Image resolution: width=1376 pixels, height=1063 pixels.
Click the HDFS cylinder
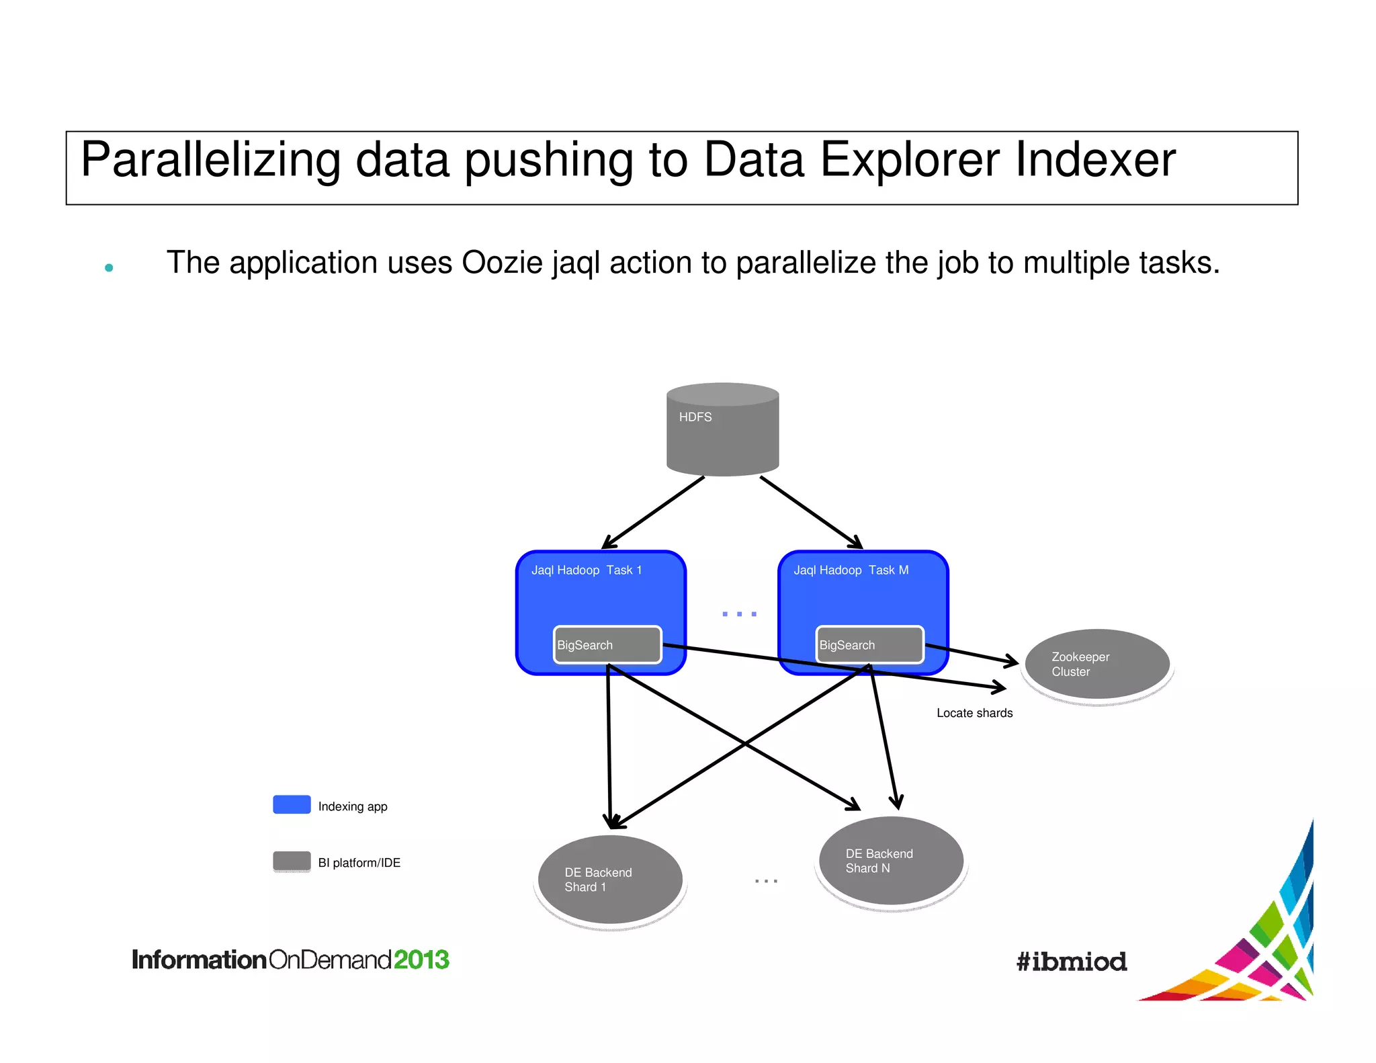(x=722, y=430)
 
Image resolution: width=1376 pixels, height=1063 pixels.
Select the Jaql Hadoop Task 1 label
(x=587, y=570)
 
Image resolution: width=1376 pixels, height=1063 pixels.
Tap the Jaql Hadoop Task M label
(x=851, y=570)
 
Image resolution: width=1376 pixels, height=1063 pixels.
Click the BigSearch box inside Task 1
(x=607, y=645)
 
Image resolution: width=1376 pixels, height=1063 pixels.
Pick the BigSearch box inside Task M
(x=869, y=645)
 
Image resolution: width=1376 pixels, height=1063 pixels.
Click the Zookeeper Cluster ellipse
(x=1097, y=665)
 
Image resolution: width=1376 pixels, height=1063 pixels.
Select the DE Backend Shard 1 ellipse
(x=610, y=880)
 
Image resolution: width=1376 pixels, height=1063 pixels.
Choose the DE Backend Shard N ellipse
(x=891, y=861)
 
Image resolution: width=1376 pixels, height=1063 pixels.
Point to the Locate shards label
(x=974, y=713)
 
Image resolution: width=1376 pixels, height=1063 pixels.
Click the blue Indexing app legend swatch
(x=292, y=804)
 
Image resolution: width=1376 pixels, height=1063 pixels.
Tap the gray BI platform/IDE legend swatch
(x=292, y=861)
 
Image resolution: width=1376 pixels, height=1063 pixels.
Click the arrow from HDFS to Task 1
(x=653, y=513)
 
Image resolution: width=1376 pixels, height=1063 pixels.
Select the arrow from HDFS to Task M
(x=811, y=513)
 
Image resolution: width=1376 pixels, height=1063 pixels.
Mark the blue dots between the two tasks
(x=739, y=614)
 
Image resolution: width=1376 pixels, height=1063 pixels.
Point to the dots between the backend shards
(x=766, y=880)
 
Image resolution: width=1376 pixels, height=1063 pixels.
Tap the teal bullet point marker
(x=109, y=268)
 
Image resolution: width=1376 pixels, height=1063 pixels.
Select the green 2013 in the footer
(x=421, y=960)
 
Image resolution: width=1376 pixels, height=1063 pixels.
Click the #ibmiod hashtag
(x=1071, y=962)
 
